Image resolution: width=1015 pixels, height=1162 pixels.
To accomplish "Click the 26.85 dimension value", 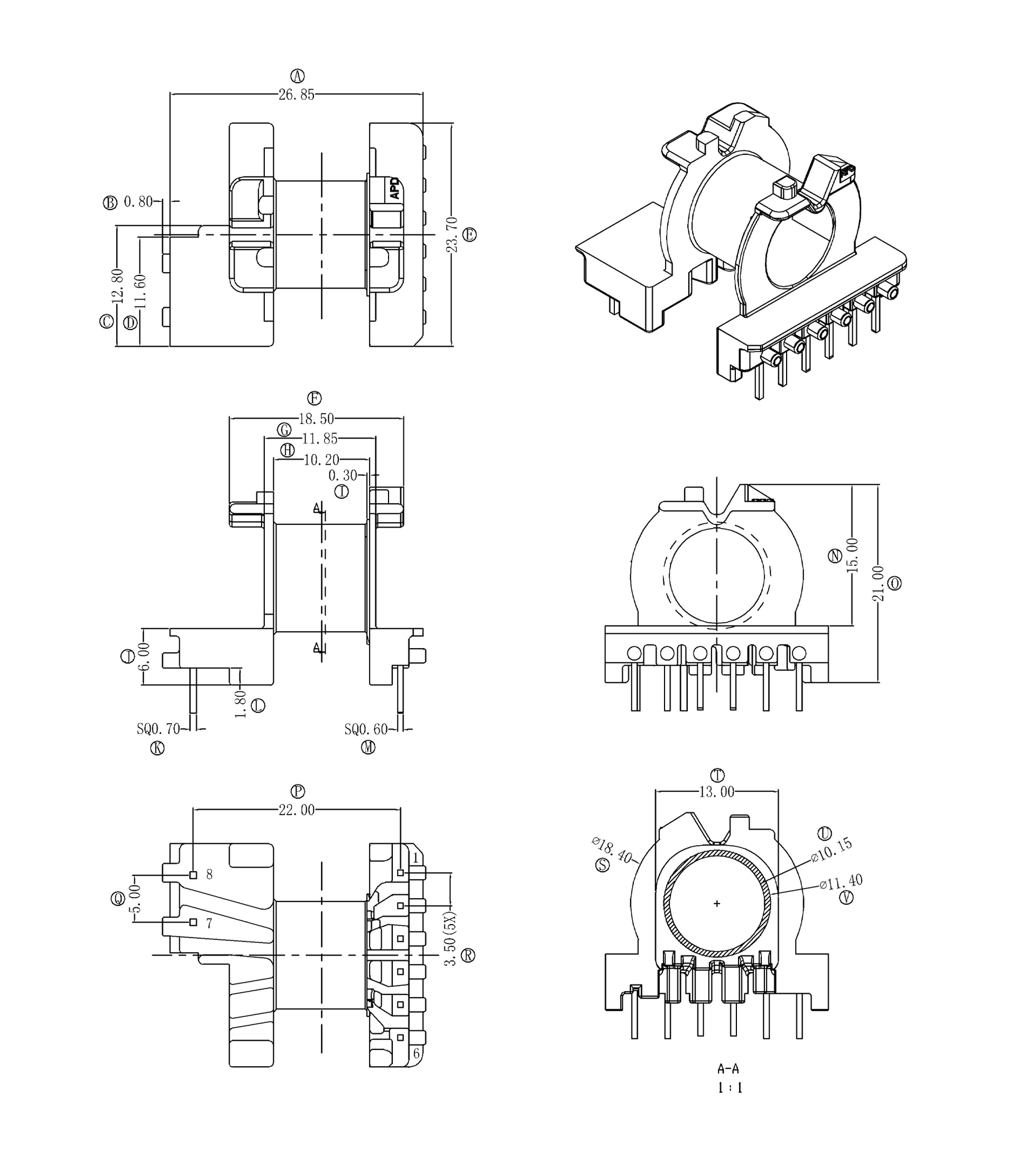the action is pyautogui.click(x=296, y=95).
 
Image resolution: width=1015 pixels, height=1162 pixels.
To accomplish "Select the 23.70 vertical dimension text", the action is pyautogui.click(x=451, y=234).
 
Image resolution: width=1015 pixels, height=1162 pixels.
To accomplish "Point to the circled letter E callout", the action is pyautogui.click(x=469, y=234).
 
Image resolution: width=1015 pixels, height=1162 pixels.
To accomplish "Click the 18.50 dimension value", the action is pyautogui.click(x=317, y=419).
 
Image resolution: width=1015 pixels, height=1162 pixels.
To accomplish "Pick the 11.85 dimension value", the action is pyautogui.click(x=320, y=439).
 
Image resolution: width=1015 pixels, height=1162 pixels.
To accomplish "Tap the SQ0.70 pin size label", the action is pyautogui.click(x=158, y=729).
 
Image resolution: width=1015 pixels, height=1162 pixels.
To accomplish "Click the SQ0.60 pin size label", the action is pyautogui.click(x=366, y=729).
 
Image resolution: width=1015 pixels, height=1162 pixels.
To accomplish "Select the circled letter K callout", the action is pyautogui.click(x=158, y=748).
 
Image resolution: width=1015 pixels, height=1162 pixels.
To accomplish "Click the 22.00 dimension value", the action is pyautogui.click(x=296, y=810).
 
